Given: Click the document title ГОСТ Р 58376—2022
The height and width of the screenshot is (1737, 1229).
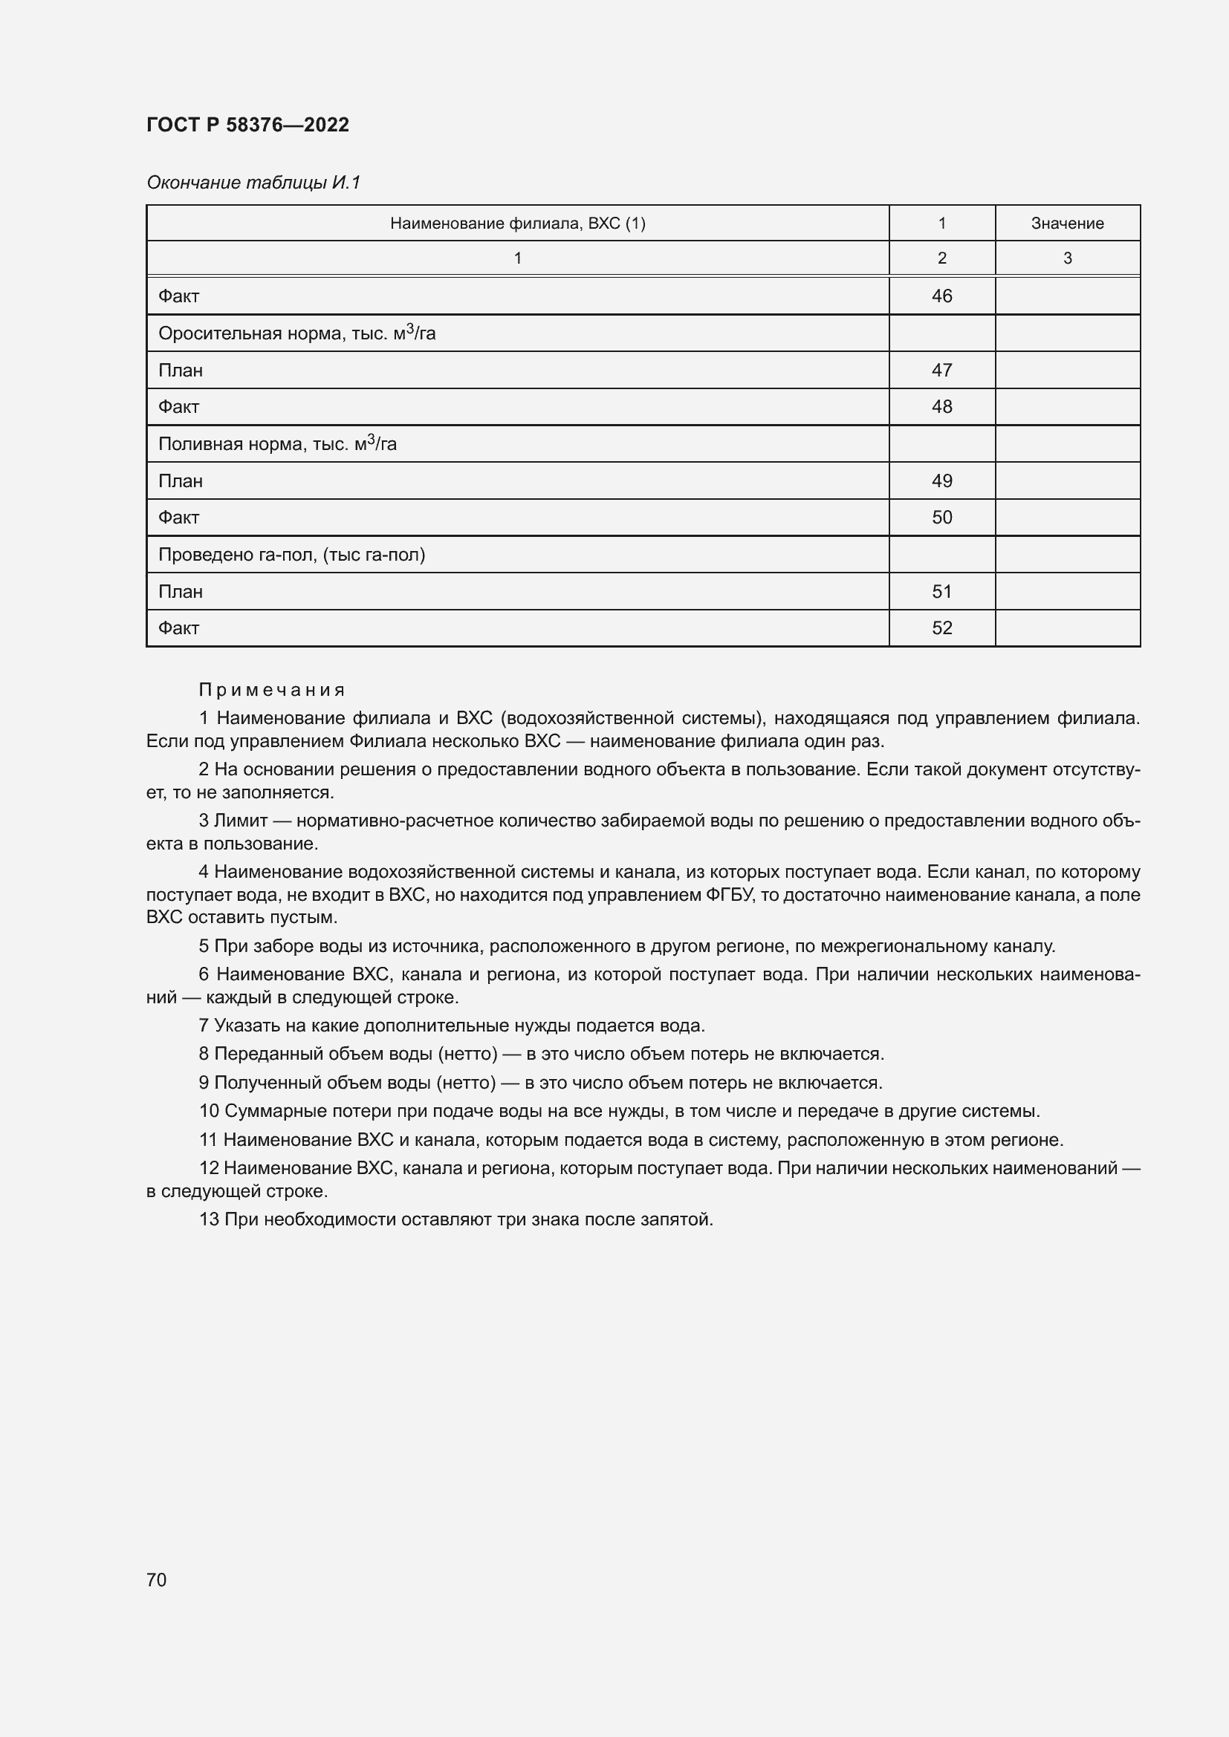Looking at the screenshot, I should [x=247, y=125].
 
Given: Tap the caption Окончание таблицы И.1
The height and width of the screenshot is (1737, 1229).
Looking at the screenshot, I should [x=253, y=183].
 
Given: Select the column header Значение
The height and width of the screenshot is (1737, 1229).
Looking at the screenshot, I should [x=1067, y=224].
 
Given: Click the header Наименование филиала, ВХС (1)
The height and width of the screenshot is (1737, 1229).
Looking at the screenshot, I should [x=518, y=224].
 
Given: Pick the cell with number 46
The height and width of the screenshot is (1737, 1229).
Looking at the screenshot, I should [x=941, y=296].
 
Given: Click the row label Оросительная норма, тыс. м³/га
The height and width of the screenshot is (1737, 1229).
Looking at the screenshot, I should [x=296, y=333].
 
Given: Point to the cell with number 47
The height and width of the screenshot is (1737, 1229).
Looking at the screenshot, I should [x=941, y=370].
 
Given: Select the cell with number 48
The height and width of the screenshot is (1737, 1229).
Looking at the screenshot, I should [x=941, y=407].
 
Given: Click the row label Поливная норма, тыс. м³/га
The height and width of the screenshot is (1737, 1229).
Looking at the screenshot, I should [x=277, y=444].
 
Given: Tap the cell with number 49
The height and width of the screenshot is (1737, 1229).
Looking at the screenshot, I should [x=941, y=481].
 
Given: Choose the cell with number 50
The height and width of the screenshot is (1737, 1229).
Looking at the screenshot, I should [x=941, y=518].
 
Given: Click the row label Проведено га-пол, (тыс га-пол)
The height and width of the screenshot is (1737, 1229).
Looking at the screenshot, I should [x=291, y=555].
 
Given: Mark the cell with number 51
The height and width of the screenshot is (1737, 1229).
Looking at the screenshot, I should [x=941, y=592].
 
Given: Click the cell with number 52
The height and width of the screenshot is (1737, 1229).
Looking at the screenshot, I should [x=941, y=628].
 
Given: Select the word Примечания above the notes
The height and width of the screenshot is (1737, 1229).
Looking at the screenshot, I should [x=272, y=690].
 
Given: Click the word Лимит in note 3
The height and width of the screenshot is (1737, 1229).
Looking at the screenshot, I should [x=241, y=821].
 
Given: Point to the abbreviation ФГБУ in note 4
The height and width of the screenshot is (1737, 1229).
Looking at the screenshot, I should [x=730, y=895].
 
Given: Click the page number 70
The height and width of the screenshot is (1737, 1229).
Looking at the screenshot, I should [x=157, y=1580].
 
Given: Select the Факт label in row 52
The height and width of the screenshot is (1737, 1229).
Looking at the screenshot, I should [x=178, y=628].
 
